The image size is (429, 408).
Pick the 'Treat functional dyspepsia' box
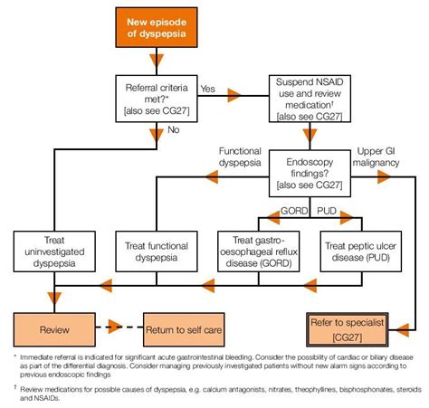click(157, 249)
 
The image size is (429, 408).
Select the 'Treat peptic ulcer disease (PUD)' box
click(360, 249)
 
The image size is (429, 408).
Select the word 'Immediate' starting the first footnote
click(39, 359)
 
